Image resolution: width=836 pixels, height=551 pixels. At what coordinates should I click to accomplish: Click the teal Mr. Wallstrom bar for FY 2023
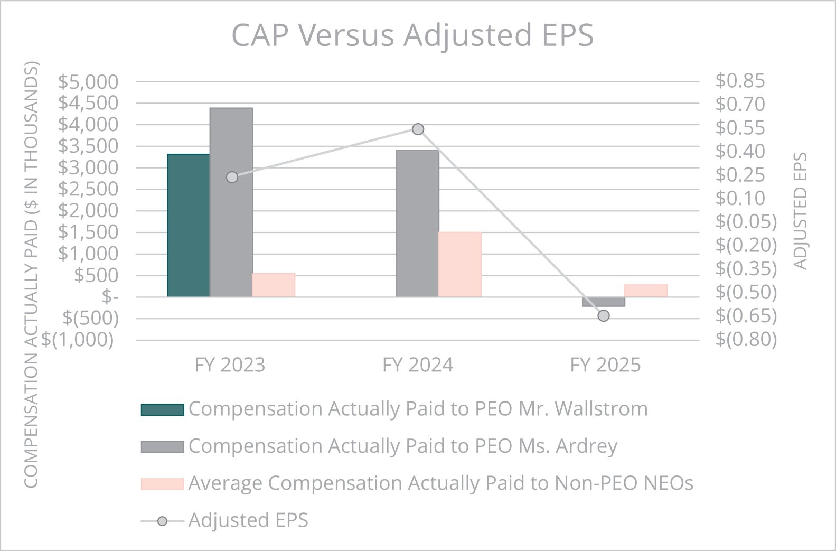coord(189,226)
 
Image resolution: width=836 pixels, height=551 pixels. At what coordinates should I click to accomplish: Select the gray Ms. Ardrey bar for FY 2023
coord(231,202)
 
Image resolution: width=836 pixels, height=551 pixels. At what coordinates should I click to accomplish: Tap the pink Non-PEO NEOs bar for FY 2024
coord(460,265)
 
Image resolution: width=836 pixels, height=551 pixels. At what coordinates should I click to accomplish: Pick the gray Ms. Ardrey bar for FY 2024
coord(418,223)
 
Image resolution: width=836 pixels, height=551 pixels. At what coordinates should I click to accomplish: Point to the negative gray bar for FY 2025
coord(604,302)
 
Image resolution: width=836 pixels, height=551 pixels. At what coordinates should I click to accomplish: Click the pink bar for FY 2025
coord(646,291)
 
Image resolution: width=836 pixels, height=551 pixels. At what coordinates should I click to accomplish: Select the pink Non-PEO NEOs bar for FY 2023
coord(274,285)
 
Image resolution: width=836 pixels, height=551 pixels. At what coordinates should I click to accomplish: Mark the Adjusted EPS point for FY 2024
coord(418,129)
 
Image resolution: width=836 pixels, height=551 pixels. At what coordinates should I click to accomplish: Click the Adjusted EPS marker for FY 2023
coord(232,178)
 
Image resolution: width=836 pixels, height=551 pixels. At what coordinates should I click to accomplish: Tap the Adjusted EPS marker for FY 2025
coord(604,316)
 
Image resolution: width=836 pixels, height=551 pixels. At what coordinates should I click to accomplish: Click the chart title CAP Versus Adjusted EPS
coord(412,35)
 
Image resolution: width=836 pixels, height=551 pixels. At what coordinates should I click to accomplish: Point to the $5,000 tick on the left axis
coord(88,82)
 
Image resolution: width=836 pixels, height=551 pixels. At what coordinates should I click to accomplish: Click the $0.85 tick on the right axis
coord(740,81)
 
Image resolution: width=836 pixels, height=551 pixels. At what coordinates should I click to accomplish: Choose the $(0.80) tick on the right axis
coord(746,339)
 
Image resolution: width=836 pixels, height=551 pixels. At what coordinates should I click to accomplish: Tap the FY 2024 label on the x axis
coord(418,365)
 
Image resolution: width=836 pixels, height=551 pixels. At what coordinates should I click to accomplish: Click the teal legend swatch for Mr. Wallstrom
coord(162,409)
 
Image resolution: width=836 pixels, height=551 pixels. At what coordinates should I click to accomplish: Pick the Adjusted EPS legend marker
coord(162,521)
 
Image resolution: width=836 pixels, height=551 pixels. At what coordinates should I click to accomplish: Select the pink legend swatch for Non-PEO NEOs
coord(162,484)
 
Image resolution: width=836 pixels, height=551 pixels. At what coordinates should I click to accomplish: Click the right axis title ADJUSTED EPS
coord(800,211)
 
